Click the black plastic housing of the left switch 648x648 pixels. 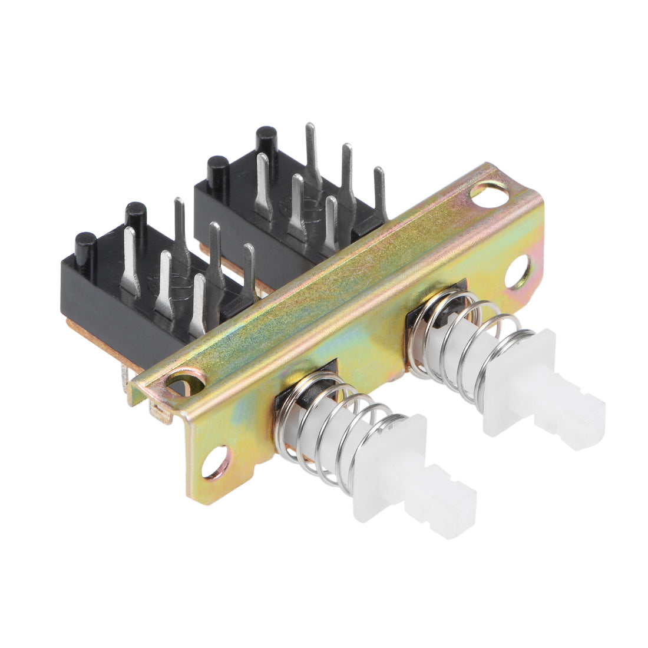pos(100,300)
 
